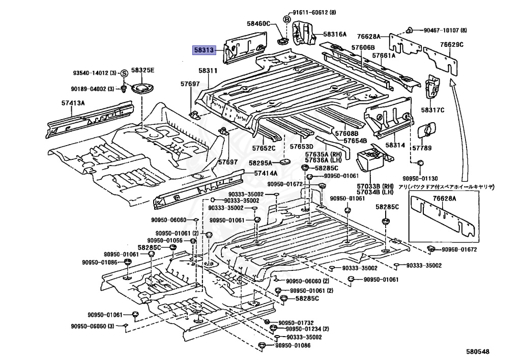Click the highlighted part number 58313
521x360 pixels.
point(204,50)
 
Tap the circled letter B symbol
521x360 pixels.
point(286,19)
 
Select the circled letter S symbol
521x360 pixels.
point(124,73)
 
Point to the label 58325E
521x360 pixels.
point(142,70)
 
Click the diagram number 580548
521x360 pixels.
point(477,351)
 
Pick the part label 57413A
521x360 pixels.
point(73,103)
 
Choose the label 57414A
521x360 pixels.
point(266,173)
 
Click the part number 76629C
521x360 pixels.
point(452,44)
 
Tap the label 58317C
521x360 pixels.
point(432,110)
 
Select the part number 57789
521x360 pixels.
point(422,148)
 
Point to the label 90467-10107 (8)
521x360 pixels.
point(445,30)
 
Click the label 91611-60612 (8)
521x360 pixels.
point(314,13)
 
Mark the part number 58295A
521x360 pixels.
point(260,163)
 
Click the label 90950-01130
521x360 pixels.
point(420,179)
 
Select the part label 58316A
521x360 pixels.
point(335,34)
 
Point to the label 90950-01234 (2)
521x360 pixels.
point(307,329)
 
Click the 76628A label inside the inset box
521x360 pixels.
point(445,199)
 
